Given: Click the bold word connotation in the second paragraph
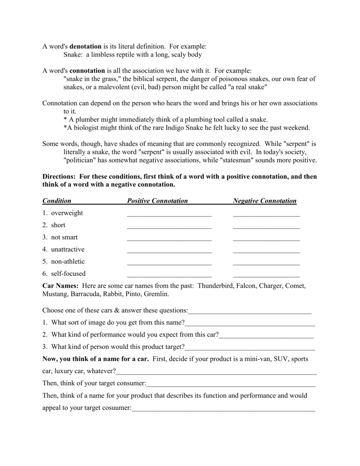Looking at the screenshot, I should coord(87,71).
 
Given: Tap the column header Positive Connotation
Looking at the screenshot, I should coord(157,201).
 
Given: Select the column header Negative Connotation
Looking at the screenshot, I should coord(264,201).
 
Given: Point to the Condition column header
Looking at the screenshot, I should coord(57,201).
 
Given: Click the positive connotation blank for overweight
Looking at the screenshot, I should coord(169,214).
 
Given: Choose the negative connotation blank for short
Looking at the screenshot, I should coord(266,226).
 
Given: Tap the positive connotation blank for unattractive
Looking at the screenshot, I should coord(169,250).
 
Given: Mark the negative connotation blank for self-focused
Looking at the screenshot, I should coord(266,275).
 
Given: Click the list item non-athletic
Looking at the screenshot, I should coord(68,262).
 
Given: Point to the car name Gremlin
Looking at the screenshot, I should coord(156,294).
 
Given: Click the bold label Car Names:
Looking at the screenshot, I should coord(61,286).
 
